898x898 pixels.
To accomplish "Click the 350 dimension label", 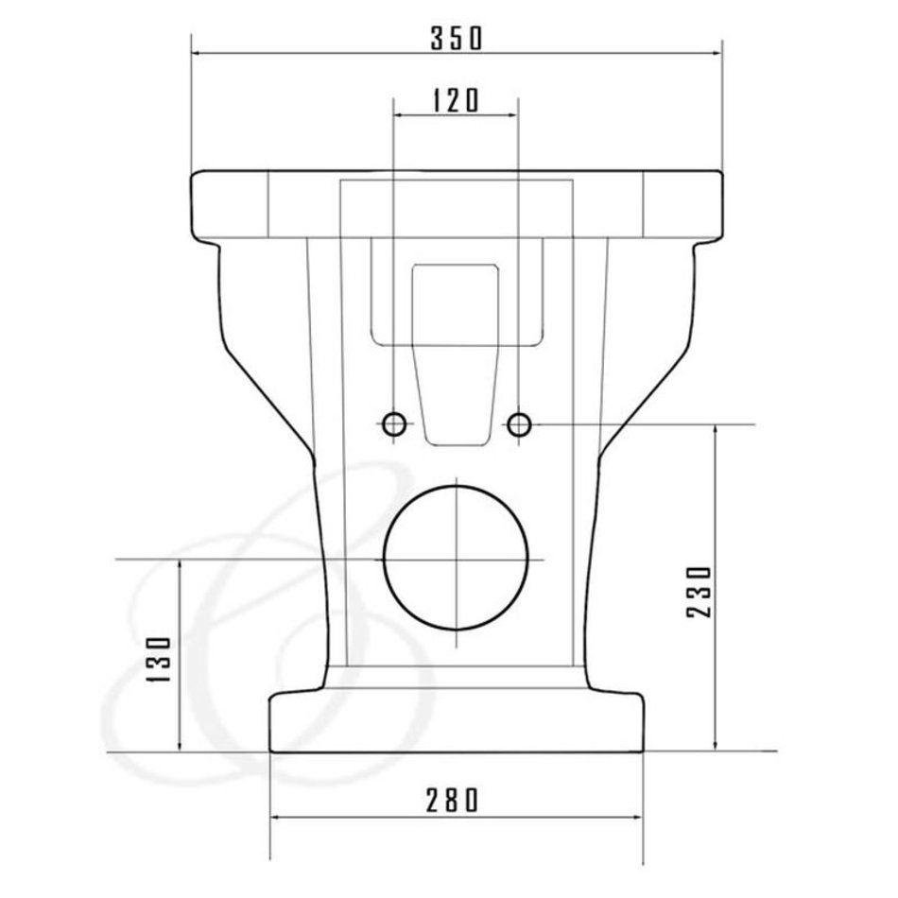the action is click(457, 39).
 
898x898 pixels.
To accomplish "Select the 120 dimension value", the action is click(456, 100).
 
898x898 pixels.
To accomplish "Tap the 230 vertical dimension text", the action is click(699, 591).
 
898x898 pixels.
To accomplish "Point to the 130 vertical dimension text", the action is click(159, 659).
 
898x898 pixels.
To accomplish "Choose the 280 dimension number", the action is click(452, 800).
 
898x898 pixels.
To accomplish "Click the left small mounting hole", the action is click(394, 424).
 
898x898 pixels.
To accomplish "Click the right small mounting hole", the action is click(519, 424).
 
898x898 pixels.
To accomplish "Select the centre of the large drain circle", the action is click(456, 559).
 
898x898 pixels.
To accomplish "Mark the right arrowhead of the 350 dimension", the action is click(718, 53).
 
